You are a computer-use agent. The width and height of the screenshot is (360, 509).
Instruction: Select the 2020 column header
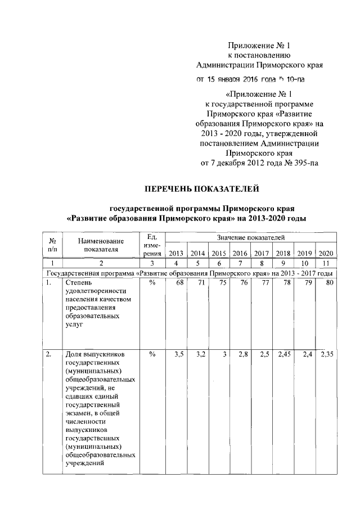coord(325,253)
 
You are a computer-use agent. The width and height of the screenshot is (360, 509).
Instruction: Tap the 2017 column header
coord(262,253)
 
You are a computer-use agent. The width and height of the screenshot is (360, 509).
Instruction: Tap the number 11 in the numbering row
coord(325,263)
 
